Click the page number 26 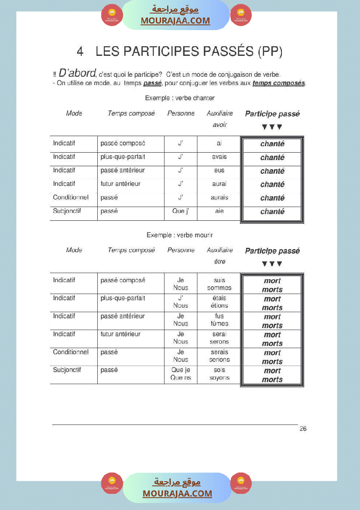(x=303, y=429)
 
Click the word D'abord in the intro (x=77, y=73)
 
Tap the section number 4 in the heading (x=80, y=51)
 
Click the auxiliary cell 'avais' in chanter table (x=219, y=157)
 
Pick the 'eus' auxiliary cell (x=219, y=170)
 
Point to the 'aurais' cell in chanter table (x=219, y=197)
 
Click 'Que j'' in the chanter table (x=180, y=211)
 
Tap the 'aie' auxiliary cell (x=219, y=211)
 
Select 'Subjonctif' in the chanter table (x=67, y=211)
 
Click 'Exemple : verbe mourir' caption (x=179, y=235)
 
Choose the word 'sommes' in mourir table (x=219, y=288)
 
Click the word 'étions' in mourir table (x=219, y=306)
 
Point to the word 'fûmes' (x=219, y=324)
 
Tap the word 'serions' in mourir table (x=219, y=359)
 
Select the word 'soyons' (x=219, y=377)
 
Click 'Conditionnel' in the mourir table (x=71, y=352)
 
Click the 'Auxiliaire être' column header (x=219, y=256)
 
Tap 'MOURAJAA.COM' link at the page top (x=175, y=21)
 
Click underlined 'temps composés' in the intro (x=278, y=83)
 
